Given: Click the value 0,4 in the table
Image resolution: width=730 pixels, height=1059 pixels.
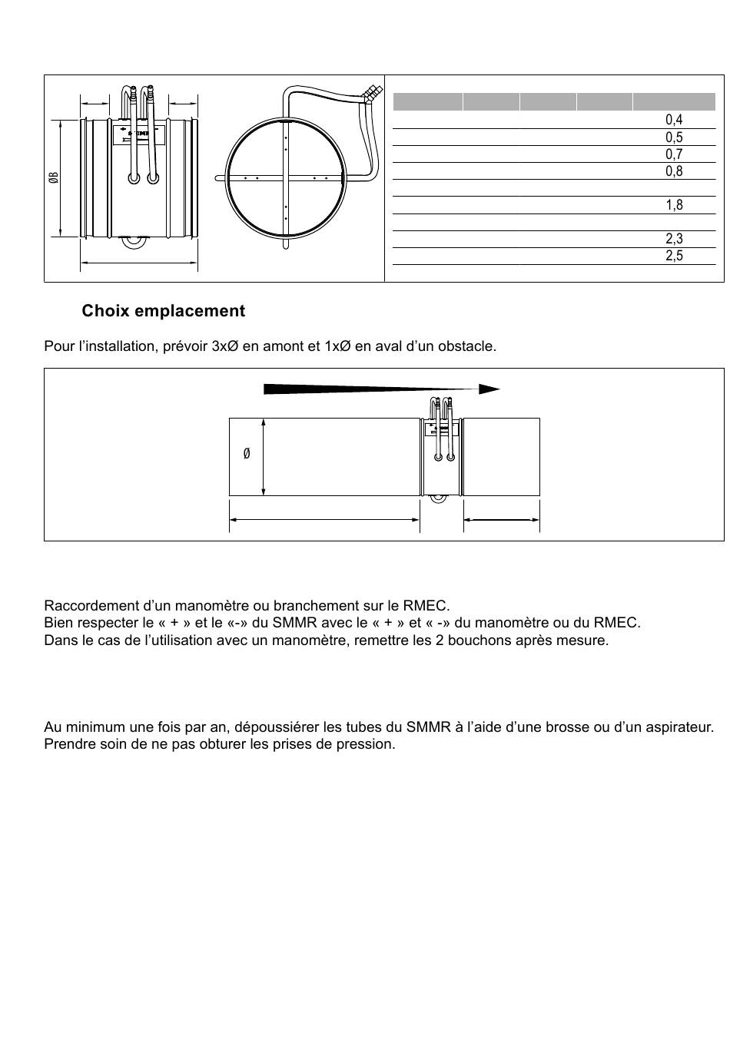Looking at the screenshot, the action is click(674, 120).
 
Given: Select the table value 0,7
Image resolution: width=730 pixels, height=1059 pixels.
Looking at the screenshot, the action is click(674, 154).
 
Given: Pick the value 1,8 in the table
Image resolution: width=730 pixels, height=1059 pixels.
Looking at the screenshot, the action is click(674, 205).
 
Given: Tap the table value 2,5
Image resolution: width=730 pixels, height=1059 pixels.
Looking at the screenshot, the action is click(674, 255).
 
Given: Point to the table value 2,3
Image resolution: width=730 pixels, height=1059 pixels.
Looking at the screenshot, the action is click(674, 238).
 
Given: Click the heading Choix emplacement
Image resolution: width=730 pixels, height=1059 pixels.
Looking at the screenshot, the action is click(163, 310).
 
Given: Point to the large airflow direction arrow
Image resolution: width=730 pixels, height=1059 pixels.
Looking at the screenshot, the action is click(381, 389).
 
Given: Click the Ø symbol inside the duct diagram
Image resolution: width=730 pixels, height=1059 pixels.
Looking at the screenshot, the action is click(247, 454).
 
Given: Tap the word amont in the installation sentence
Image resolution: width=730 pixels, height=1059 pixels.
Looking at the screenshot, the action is click(284, 346).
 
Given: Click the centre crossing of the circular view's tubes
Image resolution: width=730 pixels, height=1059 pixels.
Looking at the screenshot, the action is click(285, 178).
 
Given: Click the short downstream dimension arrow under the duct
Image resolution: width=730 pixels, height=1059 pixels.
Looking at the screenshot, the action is click(501, 520).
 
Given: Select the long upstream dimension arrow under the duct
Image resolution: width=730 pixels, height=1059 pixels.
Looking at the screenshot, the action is click(324, 520).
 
